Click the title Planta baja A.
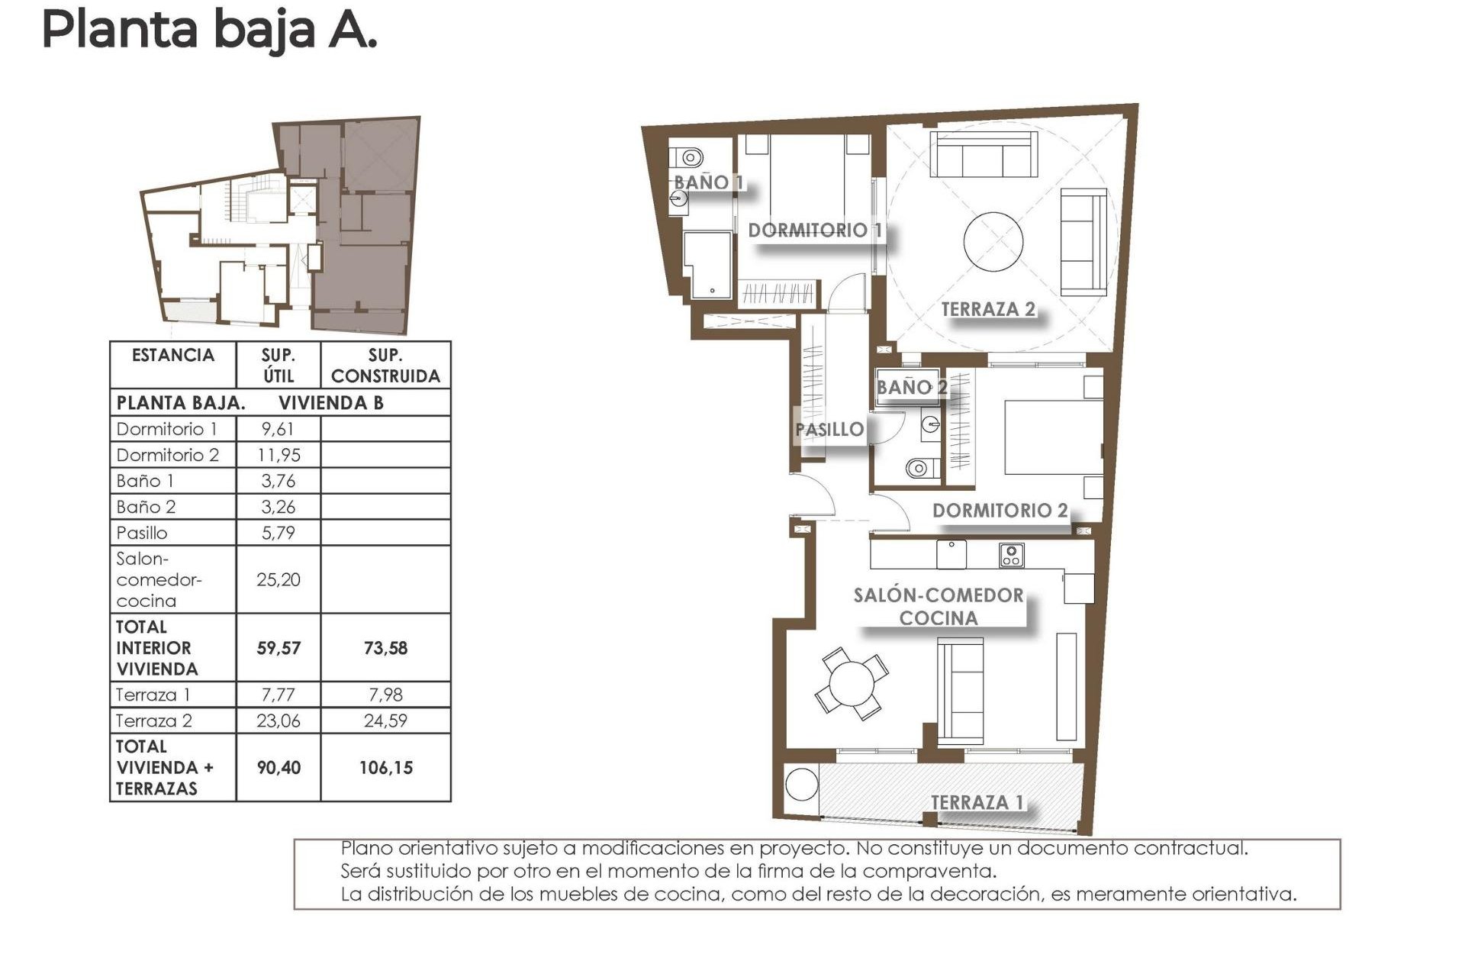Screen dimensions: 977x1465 (x=209, y=31)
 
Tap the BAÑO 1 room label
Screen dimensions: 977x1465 (x=707, y=182)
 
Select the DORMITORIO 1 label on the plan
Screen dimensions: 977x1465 (x=815, y=230)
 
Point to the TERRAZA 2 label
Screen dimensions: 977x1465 (x=987, y=309)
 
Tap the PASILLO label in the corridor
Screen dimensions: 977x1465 (x=829, y=430)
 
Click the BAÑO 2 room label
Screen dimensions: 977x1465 (x=911, y=388)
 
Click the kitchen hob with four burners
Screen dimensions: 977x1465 (x=1011, y=555)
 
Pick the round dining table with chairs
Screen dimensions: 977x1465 (x=852, y=683)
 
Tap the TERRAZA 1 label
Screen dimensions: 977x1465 (x=977, y=802)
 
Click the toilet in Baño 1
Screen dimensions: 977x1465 (x=691, y=158)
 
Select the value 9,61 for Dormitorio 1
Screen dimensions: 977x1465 (x=278, y=429)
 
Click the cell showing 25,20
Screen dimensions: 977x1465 (x=278, y=580)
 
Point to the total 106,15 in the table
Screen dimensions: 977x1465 (x=385, y=768)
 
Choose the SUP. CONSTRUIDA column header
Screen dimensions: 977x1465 (x=385, y=366)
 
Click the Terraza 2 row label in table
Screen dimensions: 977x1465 (x=154, y=721)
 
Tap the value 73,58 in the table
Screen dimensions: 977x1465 (x=385, y=648)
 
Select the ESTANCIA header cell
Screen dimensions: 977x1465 (x=173, y=356)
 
